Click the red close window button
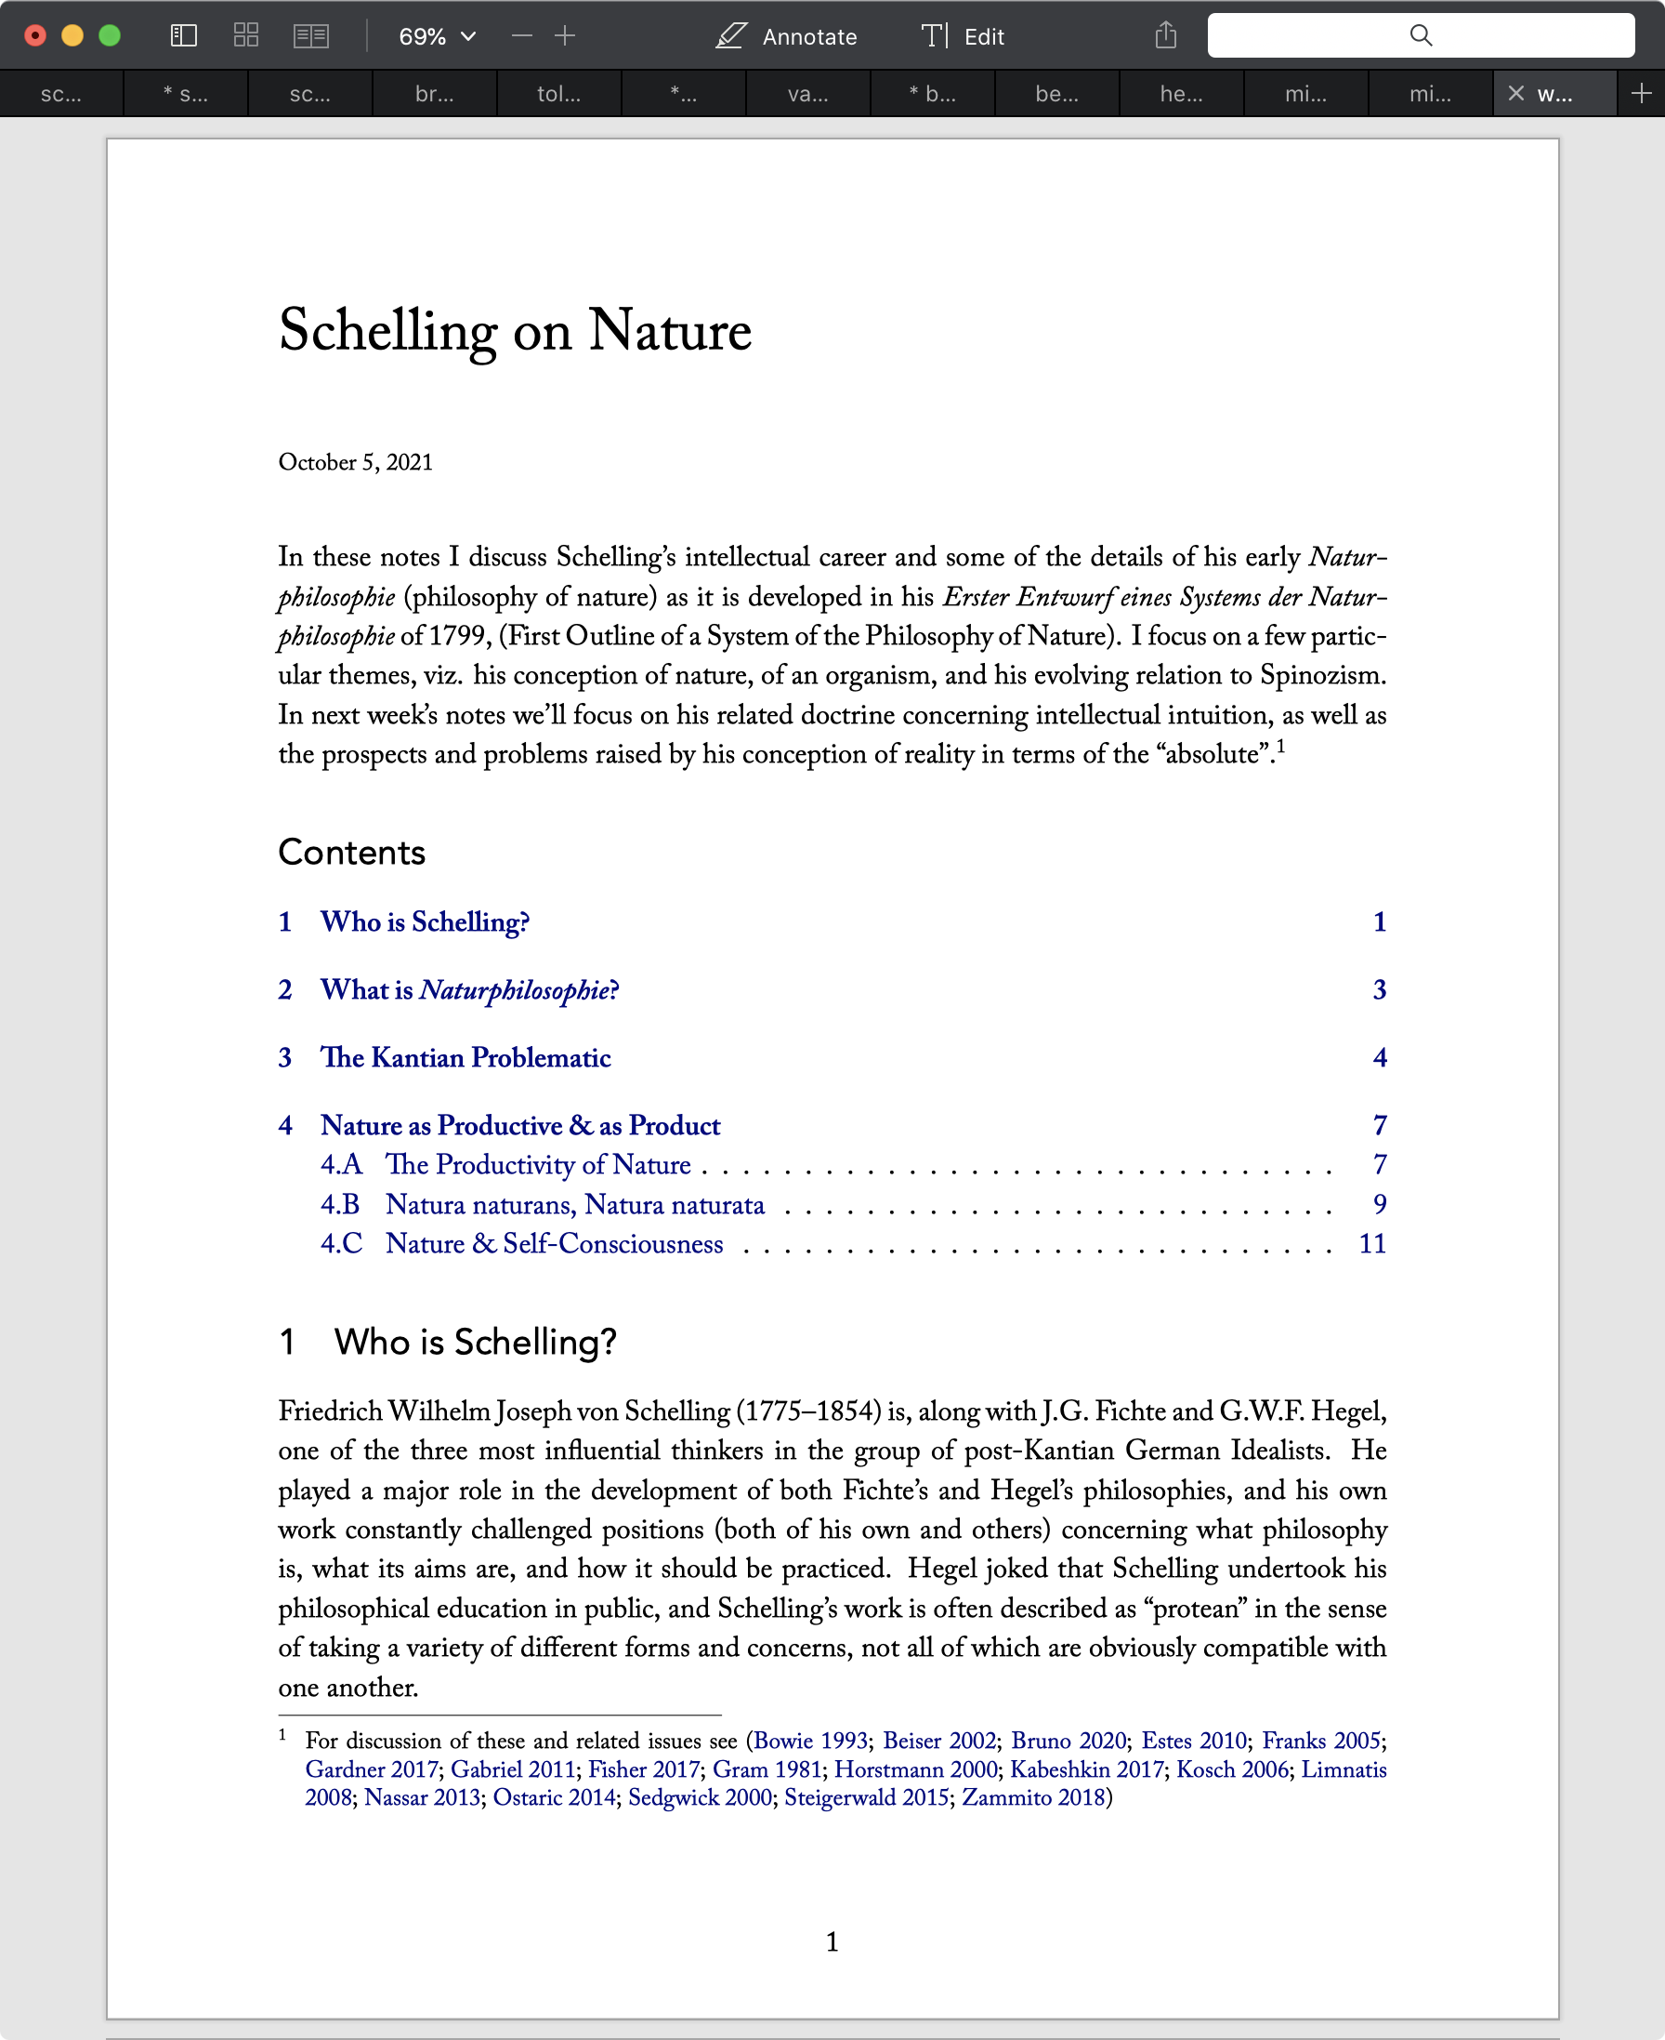point(35,36)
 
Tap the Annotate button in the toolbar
point(786,36)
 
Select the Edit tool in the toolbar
point(963,36)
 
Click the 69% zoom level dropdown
point(437,36)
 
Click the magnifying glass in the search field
point(1421,35)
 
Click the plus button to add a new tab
point(1641,93)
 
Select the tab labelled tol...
point(558,94)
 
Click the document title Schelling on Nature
point(514,331)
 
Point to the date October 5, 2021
point(355,462)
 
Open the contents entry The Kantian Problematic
point(465,1057)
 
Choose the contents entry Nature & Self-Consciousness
point(555,1243)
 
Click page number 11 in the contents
point(1371,1243)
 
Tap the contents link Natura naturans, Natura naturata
point(574,1204)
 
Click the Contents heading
point(351,852)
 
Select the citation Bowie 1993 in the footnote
point(810,1741)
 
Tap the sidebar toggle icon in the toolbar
point(183,36)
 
